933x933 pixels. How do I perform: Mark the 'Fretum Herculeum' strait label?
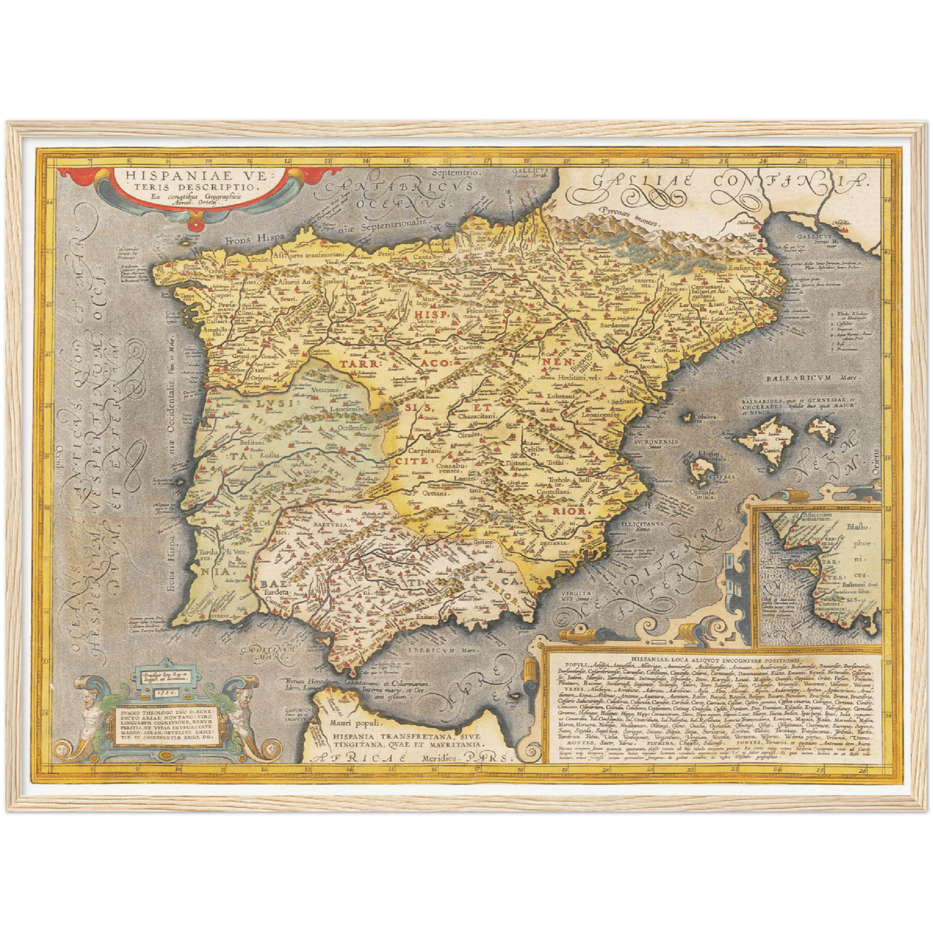pyautogui.click(x=307, y=681)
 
